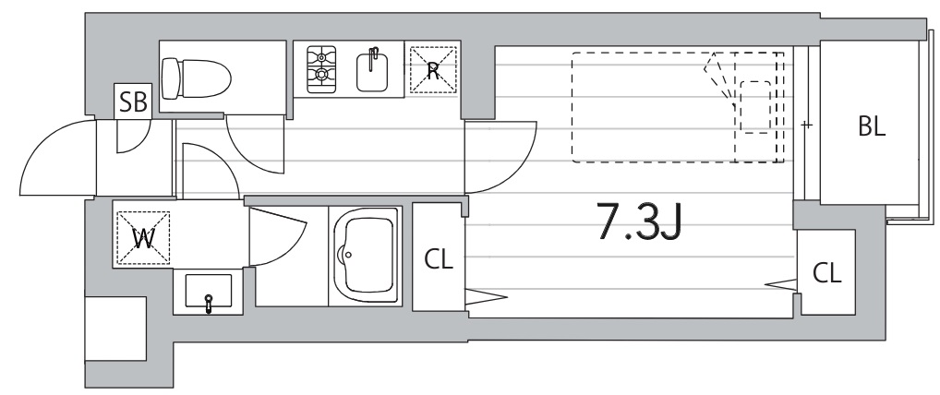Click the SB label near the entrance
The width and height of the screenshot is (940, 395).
(134, 102)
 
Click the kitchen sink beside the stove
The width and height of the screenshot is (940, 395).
(375, 70)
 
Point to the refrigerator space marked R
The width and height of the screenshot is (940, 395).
(433, 69)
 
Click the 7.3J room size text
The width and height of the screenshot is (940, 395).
(641, 221)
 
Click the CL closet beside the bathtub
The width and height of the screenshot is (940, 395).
(439, 258)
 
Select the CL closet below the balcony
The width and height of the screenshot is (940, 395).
(827, 272)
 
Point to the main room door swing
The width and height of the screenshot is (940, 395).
(503, 152)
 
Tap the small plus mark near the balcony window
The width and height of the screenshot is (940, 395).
(806, 124)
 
